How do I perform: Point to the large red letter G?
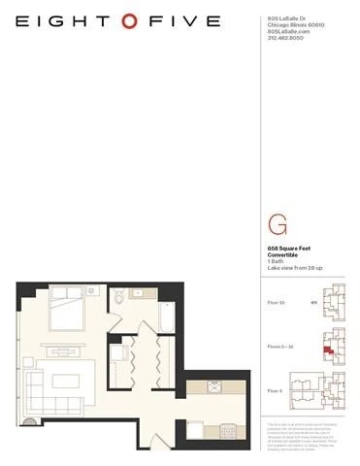click(x=277, y=226)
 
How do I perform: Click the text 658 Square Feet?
click(x=288, y=250)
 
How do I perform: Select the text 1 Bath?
click(x=277, y=263)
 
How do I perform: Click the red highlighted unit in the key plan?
click(x=328, y=349)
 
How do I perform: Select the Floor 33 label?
click(x=277, y=303)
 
